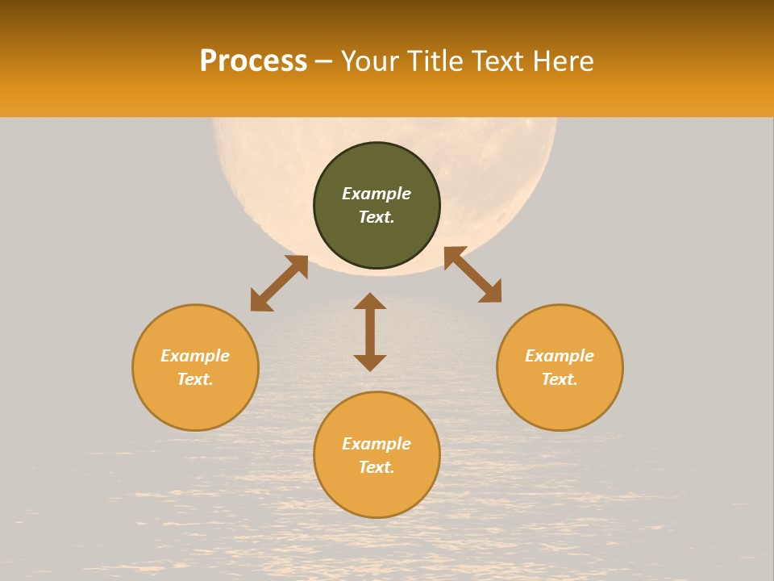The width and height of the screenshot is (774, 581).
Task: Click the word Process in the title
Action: pos(253,61)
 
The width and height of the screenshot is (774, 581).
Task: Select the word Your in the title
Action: pos(370,61)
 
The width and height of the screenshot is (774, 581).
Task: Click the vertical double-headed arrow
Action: pos(370,332)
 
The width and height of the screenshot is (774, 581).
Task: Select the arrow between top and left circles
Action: pos(279,282)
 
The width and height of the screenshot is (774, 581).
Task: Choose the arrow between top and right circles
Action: pos(473,274)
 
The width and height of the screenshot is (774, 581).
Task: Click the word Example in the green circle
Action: pos(377,194)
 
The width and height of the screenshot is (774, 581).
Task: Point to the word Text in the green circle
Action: pos(375,217)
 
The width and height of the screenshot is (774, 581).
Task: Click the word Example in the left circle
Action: pos(195,356)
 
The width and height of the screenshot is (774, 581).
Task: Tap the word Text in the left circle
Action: pos(193,379)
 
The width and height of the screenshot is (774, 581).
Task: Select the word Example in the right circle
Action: pos(560,356)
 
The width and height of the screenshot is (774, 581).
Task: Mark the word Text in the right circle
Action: pos(558,379)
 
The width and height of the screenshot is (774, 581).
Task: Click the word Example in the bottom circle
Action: pos(377,444)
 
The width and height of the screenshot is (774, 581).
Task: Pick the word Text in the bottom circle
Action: pos(375,467)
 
